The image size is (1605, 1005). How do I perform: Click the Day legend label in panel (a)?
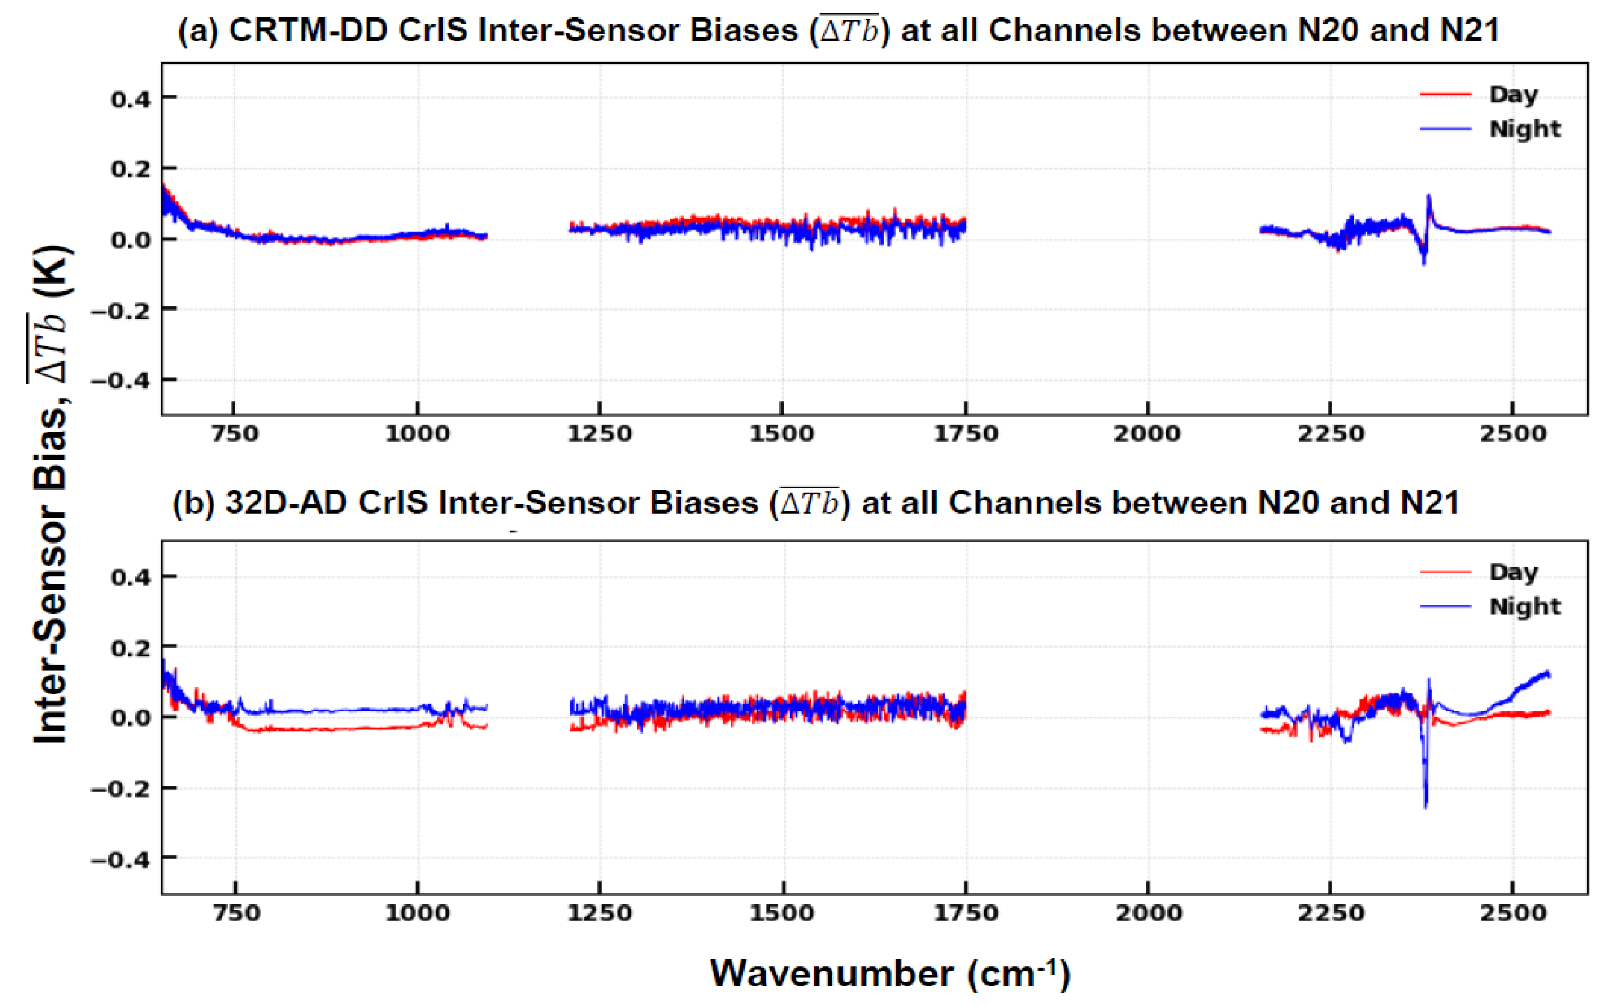[x=1513, y=94]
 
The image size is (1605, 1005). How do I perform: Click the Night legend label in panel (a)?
[x=1525, y=129]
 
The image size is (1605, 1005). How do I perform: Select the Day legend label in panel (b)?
[x=1513, y=572]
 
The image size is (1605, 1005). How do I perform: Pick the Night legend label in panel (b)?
[x=1525, y=607]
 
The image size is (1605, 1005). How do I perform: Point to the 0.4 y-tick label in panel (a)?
[x=131, y=99]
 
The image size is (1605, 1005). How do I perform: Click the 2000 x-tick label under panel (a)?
[x=1148, y=434]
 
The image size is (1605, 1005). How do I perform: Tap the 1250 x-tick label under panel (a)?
[x=600, y=434]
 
